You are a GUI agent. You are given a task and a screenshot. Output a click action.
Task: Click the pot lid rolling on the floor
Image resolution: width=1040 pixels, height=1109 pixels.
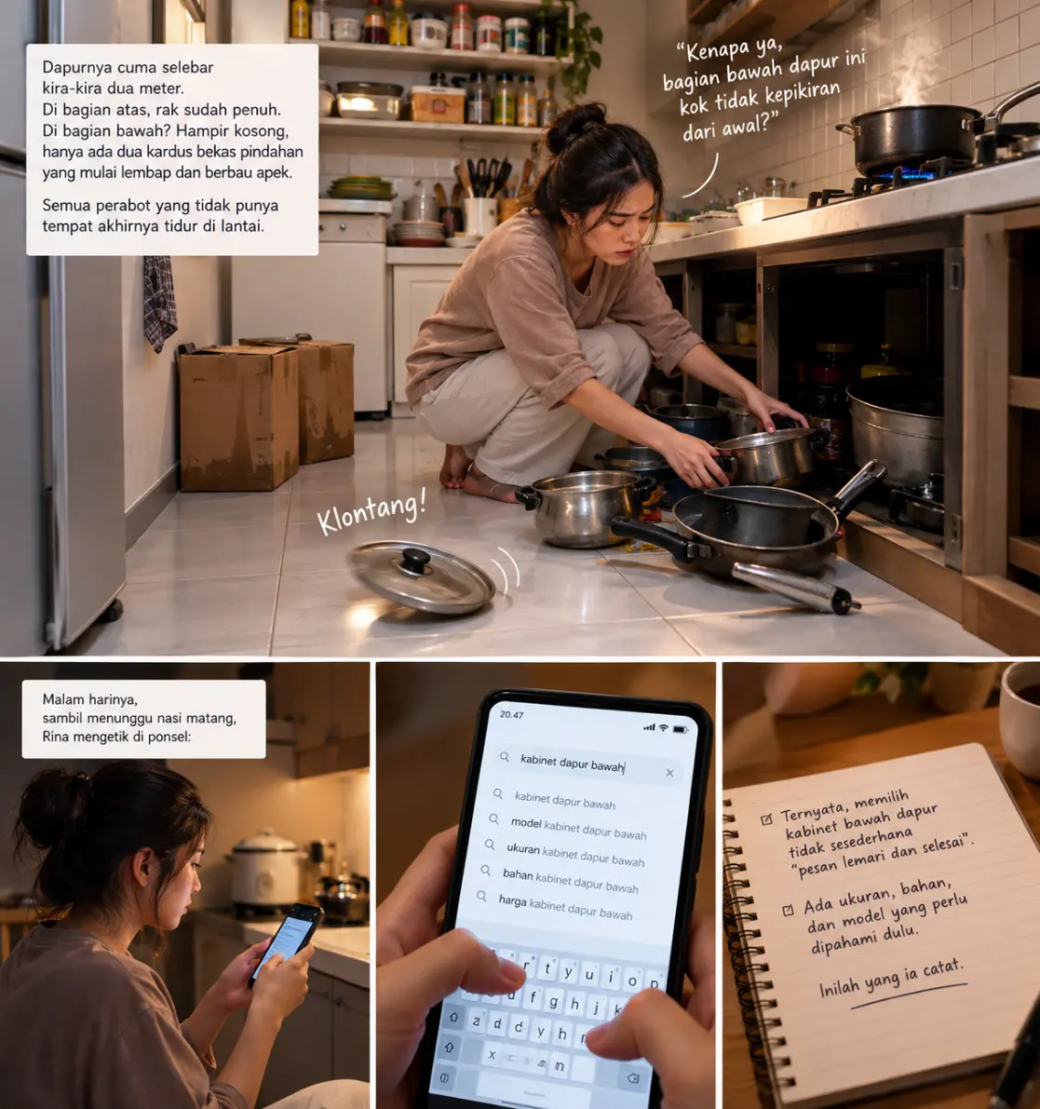coord(422,576)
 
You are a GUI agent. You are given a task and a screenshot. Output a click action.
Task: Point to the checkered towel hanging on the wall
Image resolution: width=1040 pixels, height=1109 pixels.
coord(159,303)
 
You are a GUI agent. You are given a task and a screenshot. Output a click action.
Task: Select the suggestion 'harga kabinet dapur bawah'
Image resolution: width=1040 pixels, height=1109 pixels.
coord(565,907)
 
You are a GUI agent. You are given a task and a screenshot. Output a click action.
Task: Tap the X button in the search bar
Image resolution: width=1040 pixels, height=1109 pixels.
coord(669,773)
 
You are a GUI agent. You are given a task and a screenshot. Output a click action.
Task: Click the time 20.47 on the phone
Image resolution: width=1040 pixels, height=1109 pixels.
coord(511,714)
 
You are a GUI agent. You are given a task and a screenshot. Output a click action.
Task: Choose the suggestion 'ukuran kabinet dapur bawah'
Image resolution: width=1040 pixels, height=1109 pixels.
coord(574,855)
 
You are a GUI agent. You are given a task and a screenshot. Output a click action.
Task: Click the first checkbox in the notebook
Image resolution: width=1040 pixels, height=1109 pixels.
coord(766,819)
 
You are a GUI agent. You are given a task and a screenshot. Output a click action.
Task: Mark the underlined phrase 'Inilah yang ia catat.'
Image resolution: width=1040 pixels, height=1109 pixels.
coord(892,978)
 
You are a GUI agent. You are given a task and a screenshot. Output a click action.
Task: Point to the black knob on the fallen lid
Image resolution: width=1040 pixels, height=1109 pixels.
coord(415,561)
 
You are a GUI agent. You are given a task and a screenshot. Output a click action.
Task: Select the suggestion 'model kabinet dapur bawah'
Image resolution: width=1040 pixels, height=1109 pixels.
coord(578,828)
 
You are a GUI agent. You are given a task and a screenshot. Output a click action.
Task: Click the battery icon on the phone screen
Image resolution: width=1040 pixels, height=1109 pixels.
coord(680,729)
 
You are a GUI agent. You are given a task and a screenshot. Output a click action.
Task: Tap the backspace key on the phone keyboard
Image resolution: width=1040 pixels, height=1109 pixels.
coord(633,1078)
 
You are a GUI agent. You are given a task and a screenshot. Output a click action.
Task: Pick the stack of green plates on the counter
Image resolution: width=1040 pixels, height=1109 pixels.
coord(360,188)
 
